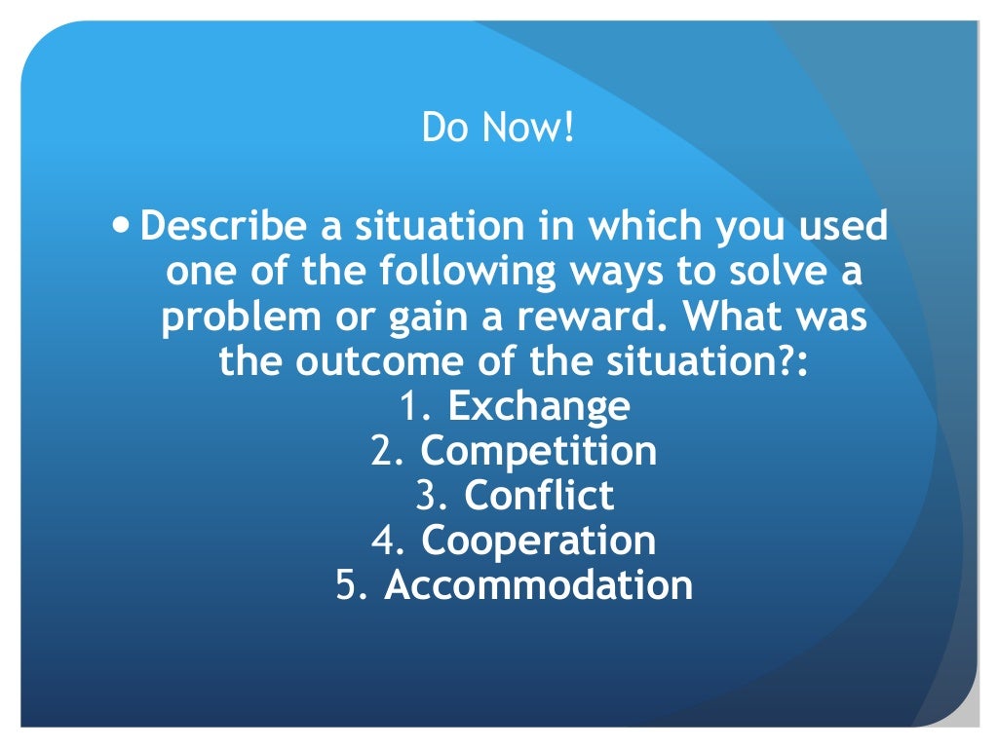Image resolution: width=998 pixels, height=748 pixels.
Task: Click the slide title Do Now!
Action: pos(499,128)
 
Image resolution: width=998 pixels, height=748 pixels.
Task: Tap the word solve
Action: pos(773,272)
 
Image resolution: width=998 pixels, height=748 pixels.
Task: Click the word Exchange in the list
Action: pos(538,406)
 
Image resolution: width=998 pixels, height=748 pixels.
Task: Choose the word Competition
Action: pos(538,451)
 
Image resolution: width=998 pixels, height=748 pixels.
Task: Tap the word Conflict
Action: pos(539,496)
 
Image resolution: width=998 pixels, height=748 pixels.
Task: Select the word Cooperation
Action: pos(538,541)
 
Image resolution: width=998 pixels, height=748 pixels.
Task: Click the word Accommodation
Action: pos(538,585)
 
